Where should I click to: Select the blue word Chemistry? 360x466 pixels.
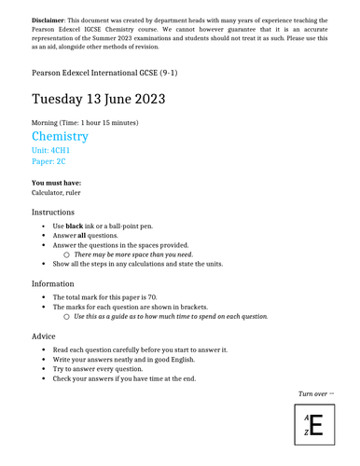60,137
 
